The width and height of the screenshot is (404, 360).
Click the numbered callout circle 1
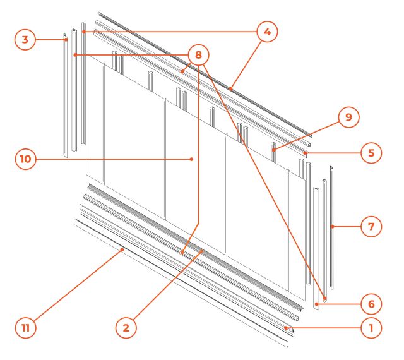click(x=371, y=328)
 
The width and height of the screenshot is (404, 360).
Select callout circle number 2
click(x=126, y=328)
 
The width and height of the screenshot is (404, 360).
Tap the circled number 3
click(x=25, y=40)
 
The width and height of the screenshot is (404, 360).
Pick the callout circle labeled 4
click(x=267, y=32)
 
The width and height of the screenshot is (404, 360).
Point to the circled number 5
click(x=371, y=153)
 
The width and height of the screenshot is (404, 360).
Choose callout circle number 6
click(x=371, y=304)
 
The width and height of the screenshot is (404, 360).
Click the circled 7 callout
click(x=371, y=227)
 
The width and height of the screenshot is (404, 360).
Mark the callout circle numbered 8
click(x=198, y=55)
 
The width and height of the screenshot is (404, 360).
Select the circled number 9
click(x=348, y=117)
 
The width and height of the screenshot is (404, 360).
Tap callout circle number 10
click(x=25, y=159)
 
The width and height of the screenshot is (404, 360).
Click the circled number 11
click(x=25, y=328)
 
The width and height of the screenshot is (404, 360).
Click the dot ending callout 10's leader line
click(x=191, y=159)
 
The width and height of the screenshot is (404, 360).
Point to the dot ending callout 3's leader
click(x=66, y=40)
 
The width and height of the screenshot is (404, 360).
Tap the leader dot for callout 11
click(x=122, y=249)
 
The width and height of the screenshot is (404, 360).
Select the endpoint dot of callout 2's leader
click(x=202, y=250)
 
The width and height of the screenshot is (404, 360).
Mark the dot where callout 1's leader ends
click(x=286, y=328)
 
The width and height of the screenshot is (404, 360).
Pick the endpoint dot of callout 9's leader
click(x=273, y=150)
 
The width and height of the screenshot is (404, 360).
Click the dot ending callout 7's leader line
click(x=333, y=227)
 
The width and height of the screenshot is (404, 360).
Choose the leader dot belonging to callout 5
click(x=305, y=153)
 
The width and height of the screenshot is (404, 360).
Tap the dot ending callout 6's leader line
click(x=317, y=304)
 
